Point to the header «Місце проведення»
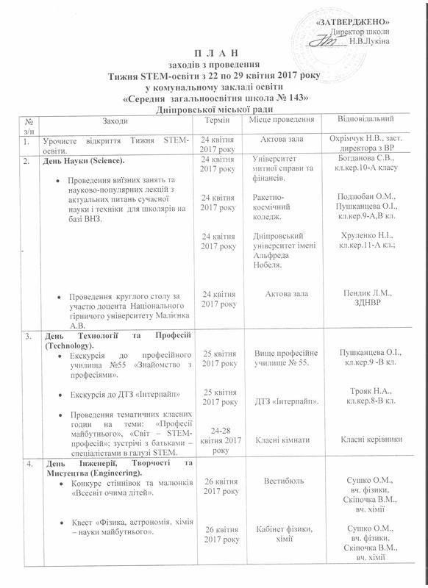click(282, 120)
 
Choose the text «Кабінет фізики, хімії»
click(282, 534)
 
